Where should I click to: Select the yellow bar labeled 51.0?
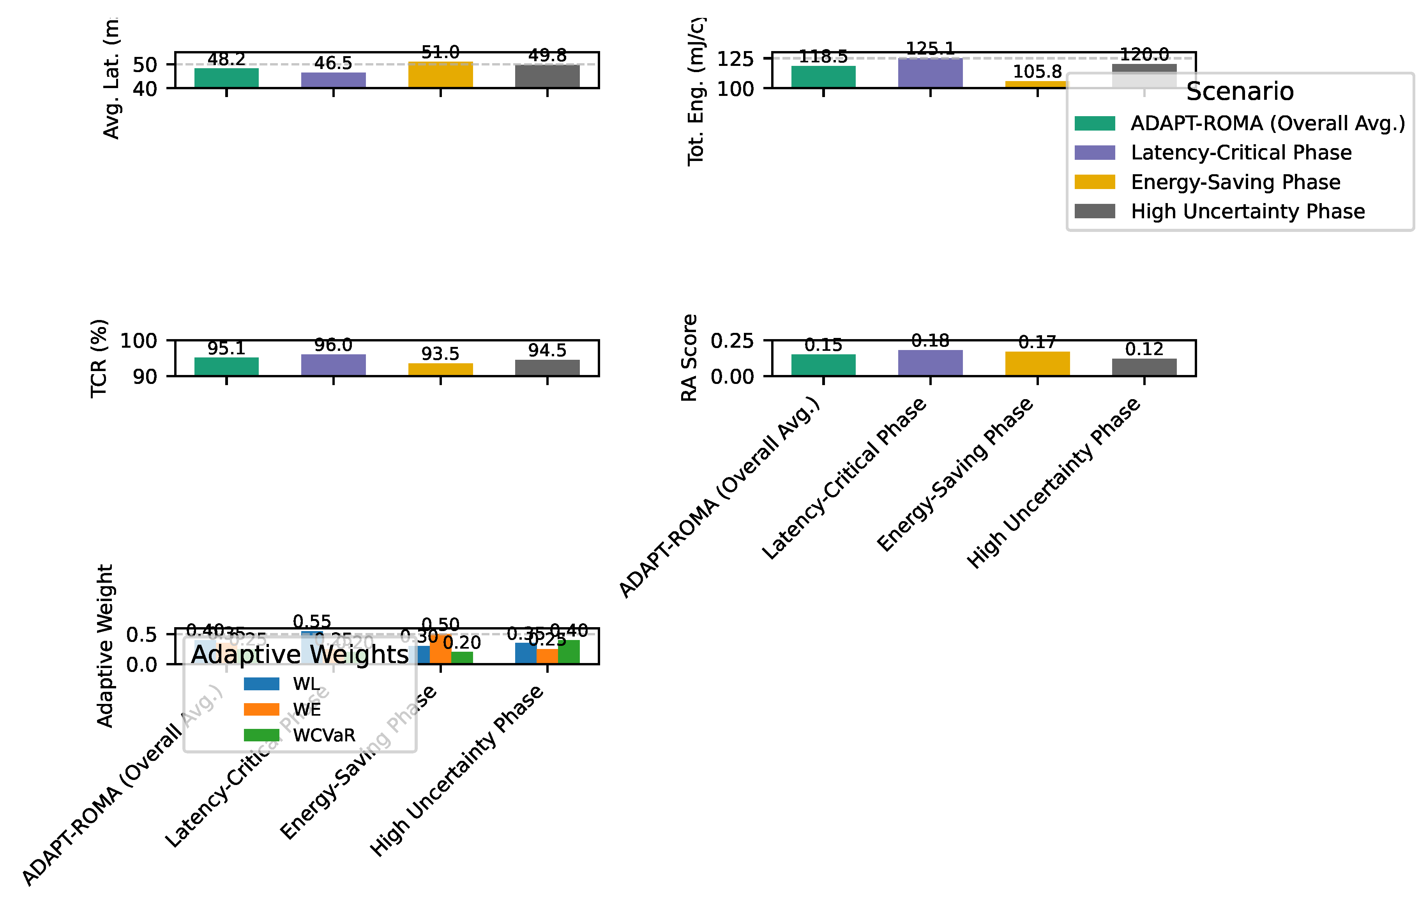pyautogui.click(x=440, y=75)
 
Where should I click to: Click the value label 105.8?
pyautogui.click(x=1037, y=72)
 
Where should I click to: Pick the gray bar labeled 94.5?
pyautogui.click(x=547, y=368)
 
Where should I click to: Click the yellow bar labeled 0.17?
pyautogui.click(x=1037, y=363)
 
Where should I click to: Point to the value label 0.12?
pyautogui.click(x=1144, y=349)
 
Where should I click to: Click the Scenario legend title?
pyautogui.click(x=1240, y=91)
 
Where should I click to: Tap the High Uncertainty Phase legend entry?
pyautogui.click(x=1247, y=211)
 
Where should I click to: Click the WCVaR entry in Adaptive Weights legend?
pyautogui.click(x=323, y=735)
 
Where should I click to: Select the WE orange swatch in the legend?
pyautogui.click(x=261, y=710)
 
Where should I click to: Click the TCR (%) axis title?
pyautogui.click(x=99, y=358)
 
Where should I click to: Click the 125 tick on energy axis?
pyautogui.click(x=735, y=59)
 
